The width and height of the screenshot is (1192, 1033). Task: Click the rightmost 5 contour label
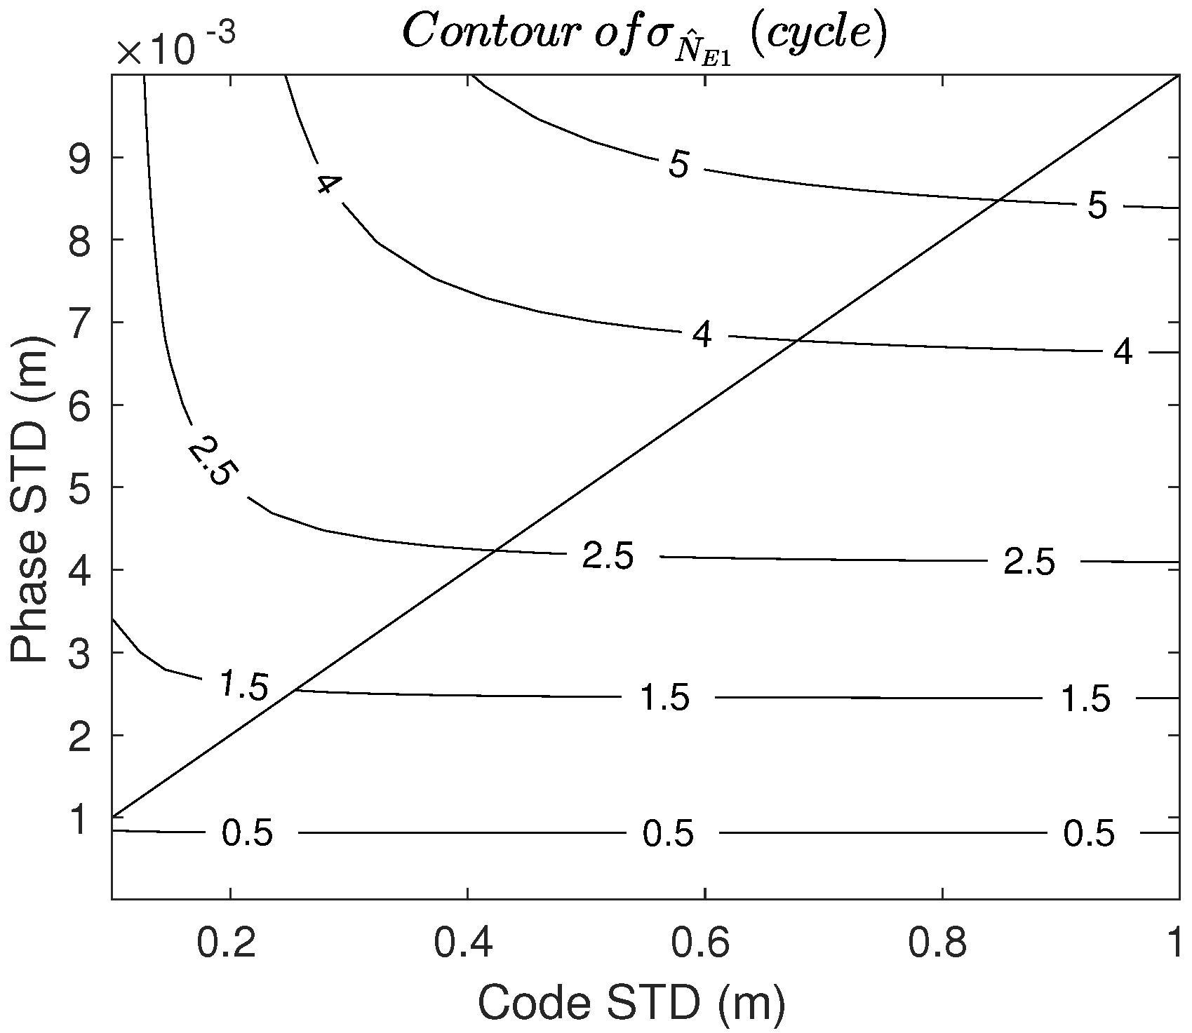point(1097,206)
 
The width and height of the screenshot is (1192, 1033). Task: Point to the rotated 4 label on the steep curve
point(328,184)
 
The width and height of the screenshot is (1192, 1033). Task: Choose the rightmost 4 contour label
point(1123,353)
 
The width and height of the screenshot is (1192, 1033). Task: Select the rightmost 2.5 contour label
point(1029,562)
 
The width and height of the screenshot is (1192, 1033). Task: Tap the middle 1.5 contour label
point(665,698)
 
